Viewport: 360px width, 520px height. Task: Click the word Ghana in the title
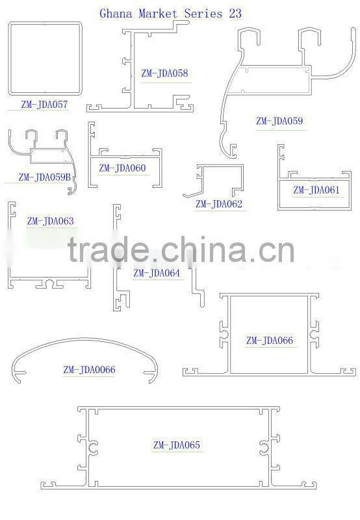point(116,14)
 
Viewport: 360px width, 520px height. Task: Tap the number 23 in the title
point(235,13)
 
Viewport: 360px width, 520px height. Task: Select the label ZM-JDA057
point(44,104)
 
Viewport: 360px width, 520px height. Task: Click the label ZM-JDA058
point(164,73)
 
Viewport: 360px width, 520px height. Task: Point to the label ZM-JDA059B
point(44,177)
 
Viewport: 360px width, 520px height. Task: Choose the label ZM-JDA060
point(122,168)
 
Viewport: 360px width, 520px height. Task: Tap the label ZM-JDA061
point(316,190)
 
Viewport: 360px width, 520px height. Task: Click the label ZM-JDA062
point(219,203)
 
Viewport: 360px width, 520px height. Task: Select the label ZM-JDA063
point(51,221)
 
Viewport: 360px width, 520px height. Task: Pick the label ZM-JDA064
point(157,273)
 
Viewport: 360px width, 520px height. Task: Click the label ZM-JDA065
point(176,445)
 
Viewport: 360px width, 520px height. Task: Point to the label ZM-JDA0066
point(89,369)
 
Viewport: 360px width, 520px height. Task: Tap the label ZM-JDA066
point(270,340)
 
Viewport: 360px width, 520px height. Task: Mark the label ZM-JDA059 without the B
point(279,121)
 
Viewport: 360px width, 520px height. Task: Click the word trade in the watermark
point(108,249)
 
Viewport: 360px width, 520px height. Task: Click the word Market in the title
point(158,14)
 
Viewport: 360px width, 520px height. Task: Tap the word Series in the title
point(203,14)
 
